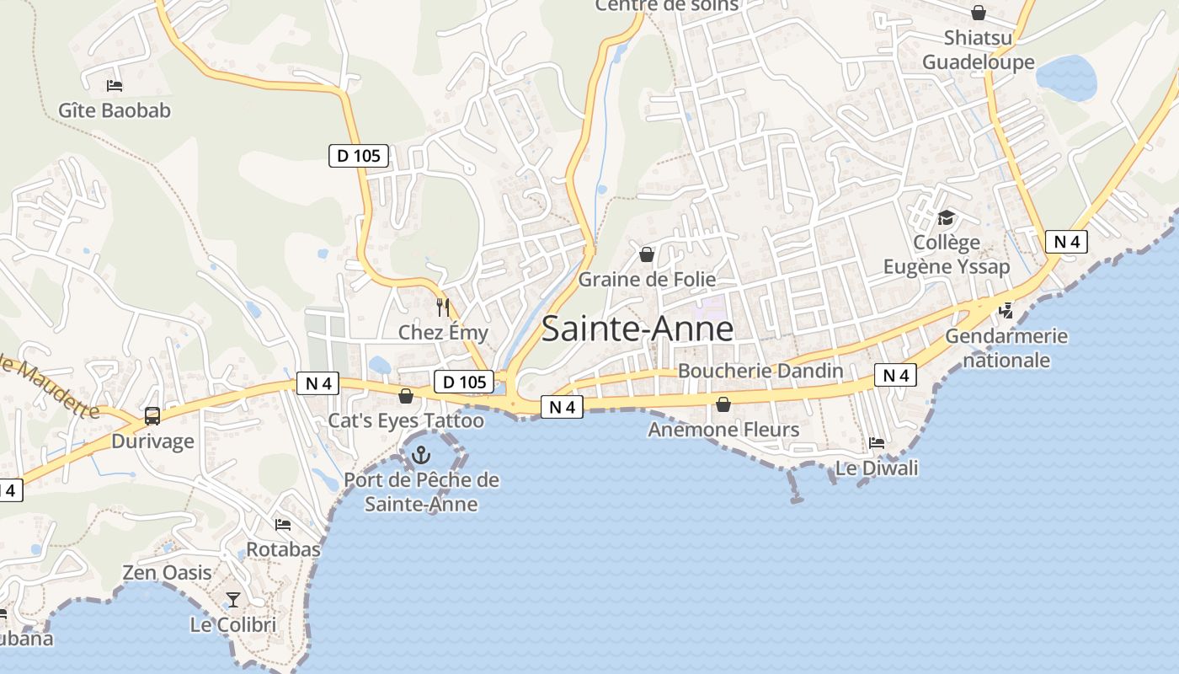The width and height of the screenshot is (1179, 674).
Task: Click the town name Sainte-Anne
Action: [x=637, y=329]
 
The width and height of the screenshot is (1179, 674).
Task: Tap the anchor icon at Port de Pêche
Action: [x=420, y=456]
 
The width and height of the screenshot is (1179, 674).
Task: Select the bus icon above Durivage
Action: [x=152, y=415]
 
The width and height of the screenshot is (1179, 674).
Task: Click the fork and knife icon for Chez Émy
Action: [x=443, y=308]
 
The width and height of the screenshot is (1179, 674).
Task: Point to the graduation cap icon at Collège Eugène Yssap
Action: [x=947, y=218]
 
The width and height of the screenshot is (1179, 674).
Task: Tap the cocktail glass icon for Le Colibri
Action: [x=233, y=600]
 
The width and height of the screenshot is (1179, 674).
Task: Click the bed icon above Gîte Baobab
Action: [x=115, y=85]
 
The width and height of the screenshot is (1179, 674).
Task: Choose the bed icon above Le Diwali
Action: [x=877, y=442]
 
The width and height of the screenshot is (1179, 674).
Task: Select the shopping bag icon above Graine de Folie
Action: [x=647, y=254]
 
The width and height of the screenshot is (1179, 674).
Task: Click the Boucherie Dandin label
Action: [x=760, y=371]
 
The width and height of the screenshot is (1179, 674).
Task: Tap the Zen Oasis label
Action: [x=168, y=573]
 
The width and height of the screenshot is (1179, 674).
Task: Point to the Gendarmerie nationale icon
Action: [x=1006, y=310]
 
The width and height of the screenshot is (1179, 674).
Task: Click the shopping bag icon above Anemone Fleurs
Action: [x=723, y=405]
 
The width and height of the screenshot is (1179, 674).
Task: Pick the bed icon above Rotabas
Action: [x=283, y=524]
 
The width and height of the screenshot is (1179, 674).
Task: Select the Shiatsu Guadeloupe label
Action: [x=978, y=50]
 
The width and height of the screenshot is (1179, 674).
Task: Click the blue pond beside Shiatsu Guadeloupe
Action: [x=1066, y=78]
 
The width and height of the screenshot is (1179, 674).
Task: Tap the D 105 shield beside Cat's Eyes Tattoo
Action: [x=464, y=382]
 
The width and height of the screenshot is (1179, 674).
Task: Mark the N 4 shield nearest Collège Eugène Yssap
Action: [x=1066, y=242]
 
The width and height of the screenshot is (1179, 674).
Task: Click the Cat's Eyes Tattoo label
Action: [x=406, y=420]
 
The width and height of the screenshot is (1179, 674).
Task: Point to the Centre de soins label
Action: [x=666, y=6]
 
